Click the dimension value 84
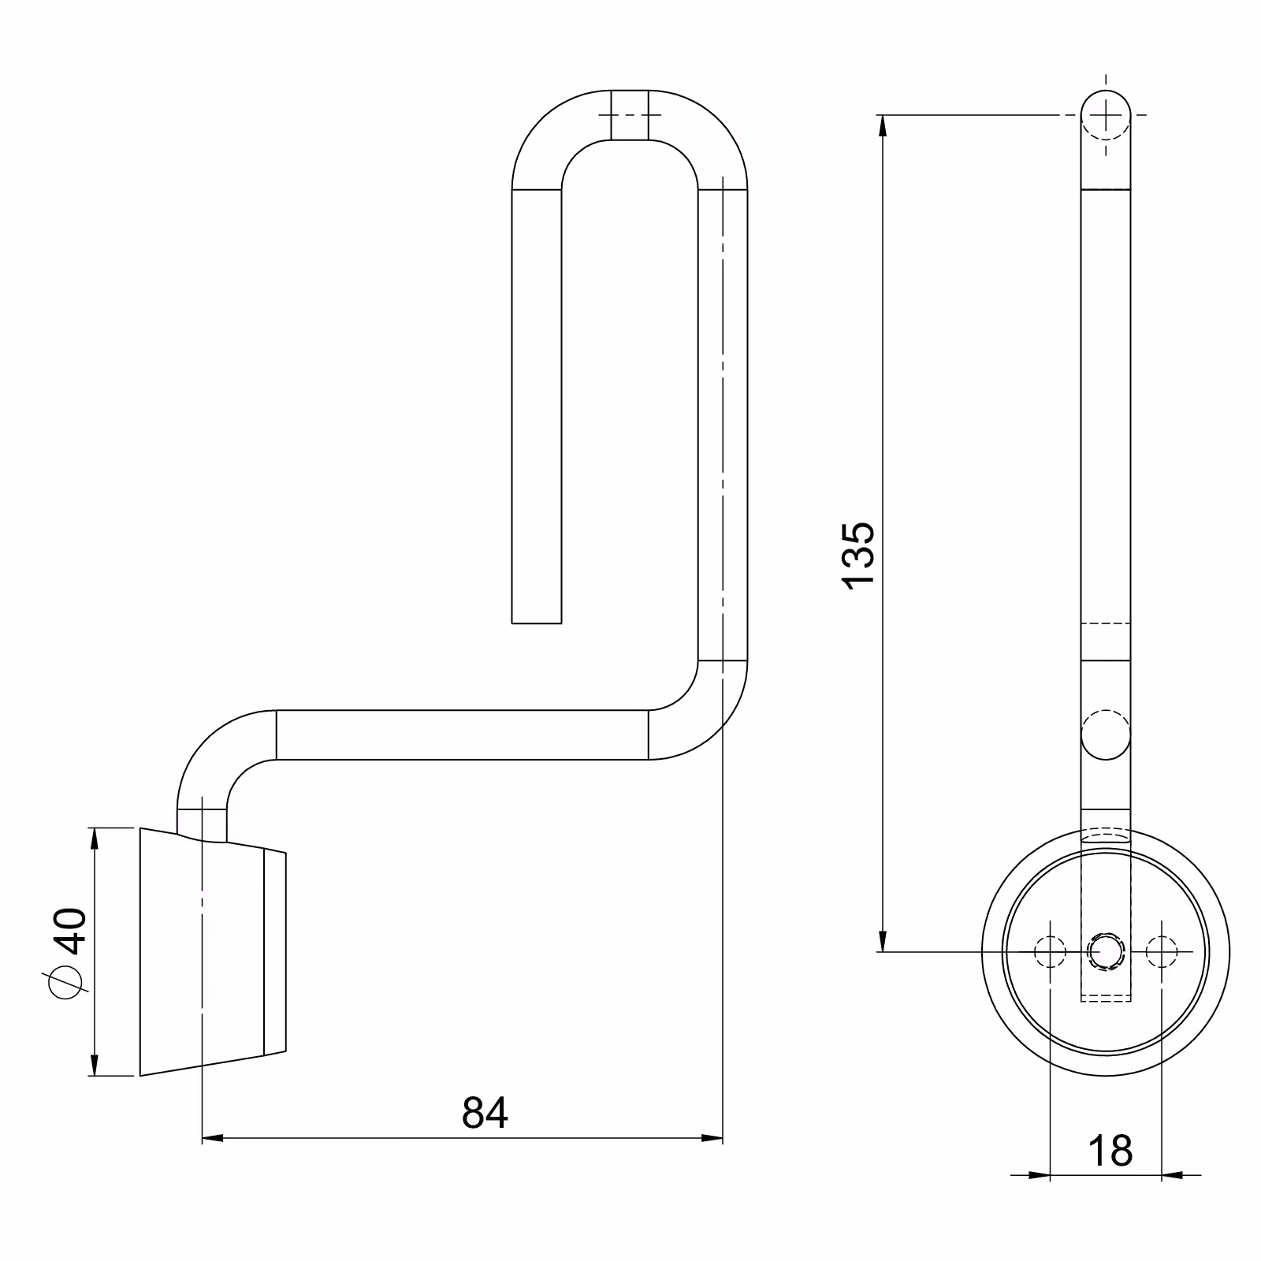click(485, 1112)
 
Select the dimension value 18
click(1110, 1151)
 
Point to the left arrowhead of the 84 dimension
click(214, 1138)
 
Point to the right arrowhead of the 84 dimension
click(712, 1138)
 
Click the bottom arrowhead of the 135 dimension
click(883, 940)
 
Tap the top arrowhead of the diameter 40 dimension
click(95, 839)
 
